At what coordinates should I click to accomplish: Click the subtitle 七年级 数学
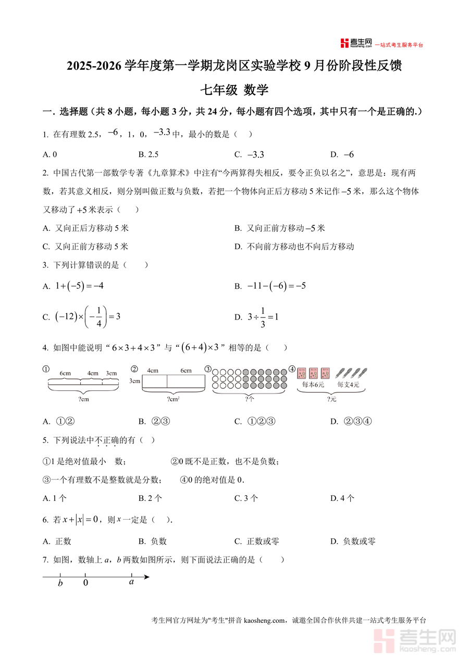[234, 90]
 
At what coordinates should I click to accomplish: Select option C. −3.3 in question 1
[250, 154]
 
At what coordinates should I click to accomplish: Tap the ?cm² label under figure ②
[174, 399]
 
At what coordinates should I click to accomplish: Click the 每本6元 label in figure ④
[313, 385]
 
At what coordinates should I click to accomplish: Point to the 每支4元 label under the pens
[348, 385]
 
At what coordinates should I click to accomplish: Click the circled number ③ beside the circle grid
[208, 369]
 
